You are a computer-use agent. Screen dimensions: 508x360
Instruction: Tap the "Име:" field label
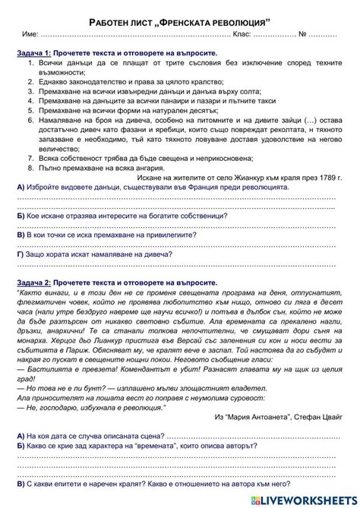(x=30, y=35)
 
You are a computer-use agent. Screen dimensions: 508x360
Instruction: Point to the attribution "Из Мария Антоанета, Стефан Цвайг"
(x=278, y=416)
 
